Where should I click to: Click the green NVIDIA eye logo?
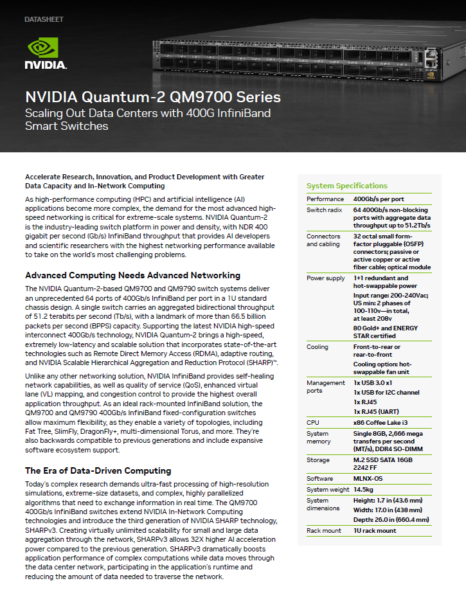[x=43, y=48]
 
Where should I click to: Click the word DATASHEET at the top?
[x=44, y=20]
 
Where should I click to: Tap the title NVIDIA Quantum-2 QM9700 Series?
[x=152, y=98]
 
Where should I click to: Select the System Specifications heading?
[x=346, y=186]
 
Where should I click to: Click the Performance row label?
[x=325, y=199]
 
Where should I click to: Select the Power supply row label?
[x=325, y=278]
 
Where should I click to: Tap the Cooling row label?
[x=318, y=347]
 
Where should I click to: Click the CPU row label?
[x=313, y=422]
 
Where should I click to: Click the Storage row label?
[x=318, y=460]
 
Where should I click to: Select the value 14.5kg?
[x=366, y=490]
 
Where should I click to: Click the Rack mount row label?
[x=325, y=531]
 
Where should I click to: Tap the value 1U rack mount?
[x=375, y=531]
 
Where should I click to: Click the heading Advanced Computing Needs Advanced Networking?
[x=132, y=275]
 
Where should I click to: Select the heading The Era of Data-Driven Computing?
[x=98, y=470]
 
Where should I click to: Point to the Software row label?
[x=320, y=479]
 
